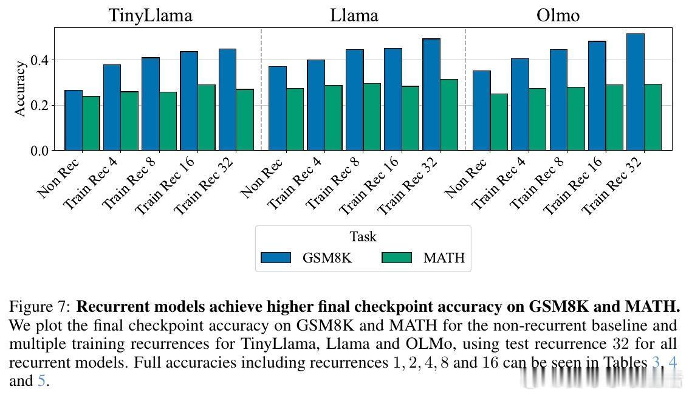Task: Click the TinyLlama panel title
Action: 150,15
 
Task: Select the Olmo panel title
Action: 558,15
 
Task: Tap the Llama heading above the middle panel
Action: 354,15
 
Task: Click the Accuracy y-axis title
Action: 20,89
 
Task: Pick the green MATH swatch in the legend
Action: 396,258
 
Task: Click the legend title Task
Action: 363,236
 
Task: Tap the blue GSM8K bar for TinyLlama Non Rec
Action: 74,120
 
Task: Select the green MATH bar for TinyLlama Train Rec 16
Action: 206,118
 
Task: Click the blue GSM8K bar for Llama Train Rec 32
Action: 431,95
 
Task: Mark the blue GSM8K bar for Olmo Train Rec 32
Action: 635,92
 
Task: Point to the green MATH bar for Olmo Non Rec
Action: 499,122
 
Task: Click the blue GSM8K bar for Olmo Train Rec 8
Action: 558,100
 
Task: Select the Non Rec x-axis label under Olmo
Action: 466,178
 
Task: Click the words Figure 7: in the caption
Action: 40,306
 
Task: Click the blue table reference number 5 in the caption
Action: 42,382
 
